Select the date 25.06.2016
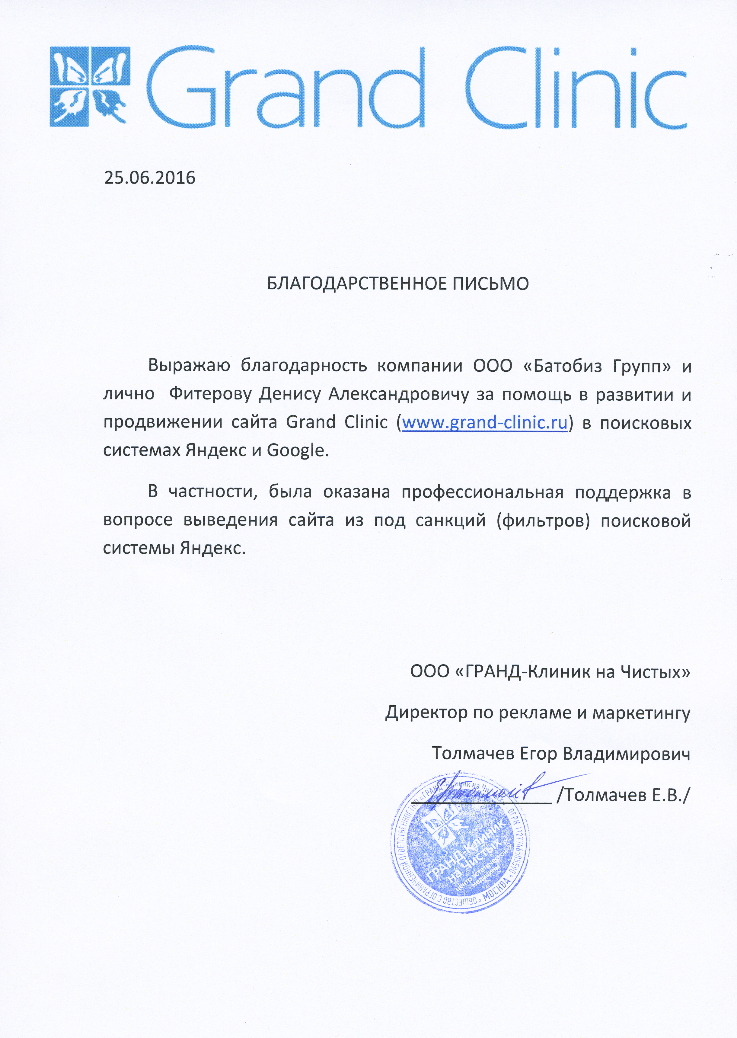pos(150,178)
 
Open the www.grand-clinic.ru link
pos(485,423)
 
